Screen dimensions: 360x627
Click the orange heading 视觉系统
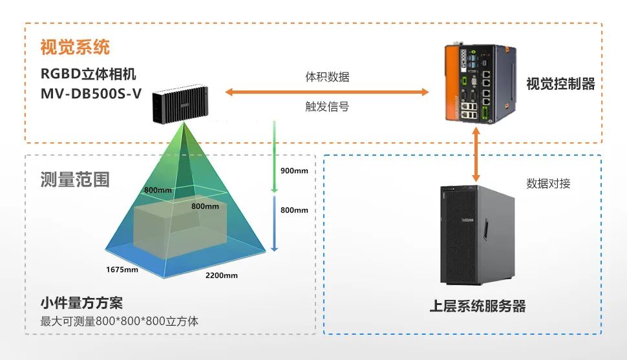point(75,47)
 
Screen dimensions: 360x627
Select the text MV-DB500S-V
point(90,94)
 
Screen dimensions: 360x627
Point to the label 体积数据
point(327,77)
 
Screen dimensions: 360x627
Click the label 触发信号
point(327,107)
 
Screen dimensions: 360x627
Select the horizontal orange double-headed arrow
point(327,92)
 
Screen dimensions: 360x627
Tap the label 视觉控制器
point(560,84)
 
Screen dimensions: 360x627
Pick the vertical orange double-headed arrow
point(477,154)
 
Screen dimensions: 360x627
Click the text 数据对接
point(548,184)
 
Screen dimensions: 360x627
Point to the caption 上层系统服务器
point(478,306)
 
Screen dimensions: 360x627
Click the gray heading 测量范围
point(74,179)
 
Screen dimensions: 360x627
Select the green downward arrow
point(274,158)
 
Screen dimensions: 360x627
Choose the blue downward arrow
point(274,223)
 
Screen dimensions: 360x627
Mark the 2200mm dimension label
point(222,275)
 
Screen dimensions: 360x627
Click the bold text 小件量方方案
point(81,303)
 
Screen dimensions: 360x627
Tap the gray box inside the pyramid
point(175,226)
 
